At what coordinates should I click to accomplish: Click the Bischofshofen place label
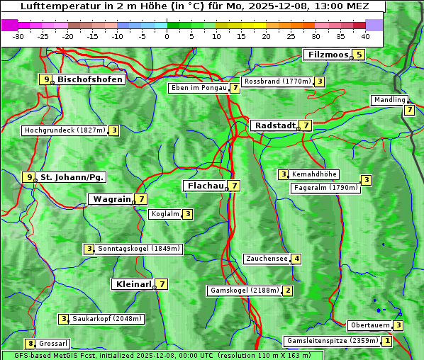[x=90, y=79]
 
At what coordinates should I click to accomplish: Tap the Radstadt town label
[x=274, y=125]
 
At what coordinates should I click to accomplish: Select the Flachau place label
[x=204, y=186]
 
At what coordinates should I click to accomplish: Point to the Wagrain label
[x=112, y=199]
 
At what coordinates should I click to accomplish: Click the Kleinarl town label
[x=133, y=284]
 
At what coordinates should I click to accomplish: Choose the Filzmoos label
[x=328, y=55]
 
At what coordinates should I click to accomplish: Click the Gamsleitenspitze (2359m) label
[x=331, y=341]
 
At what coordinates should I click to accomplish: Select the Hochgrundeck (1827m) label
[x=65, y=130]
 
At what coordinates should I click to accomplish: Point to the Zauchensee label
[x=267, y=259]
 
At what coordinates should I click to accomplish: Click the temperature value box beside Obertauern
[x=398, y=325]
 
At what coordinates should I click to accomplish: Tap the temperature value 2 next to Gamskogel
[x=288, y=290]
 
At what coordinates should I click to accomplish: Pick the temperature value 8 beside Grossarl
[x=30, y=344]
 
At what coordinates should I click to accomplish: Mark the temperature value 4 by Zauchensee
[x=296, y=259]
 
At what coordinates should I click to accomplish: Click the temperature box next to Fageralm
[x=366, y=180]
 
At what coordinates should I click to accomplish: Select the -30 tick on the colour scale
[x=18, y=35]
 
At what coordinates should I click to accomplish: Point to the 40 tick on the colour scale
[x=365, y=35]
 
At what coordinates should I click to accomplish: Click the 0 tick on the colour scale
[x=167, y=35]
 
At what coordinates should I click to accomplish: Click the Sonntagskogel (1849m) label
[x=139, y=249]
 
